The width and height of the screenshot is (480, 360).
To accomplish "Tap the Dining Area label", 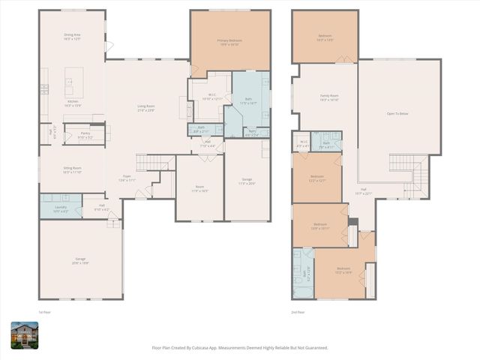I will (72, 35).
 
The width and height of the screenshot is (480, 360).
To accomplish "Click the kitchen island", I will (73, 77).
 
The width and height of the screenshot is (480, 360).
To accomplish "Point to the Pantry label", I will (85, 133).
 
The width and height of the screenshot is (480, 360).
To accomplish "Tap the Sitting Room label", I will (72, 169).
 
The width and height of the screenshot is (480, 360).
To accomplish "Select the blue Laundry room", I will (61, 207).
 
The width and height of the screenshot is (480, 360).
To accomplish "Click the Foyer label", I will (127, 176).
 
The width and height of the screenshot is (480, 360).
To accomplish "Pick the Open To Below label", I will (397, 113).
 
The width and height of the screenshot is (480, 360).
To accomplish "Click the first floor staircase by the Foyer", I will (154, 163).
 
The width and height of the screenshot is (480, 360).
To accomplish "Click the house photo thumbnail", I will (24, 334).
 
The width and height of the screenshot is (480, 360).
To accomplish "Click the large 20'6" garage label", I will (80, 260).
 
